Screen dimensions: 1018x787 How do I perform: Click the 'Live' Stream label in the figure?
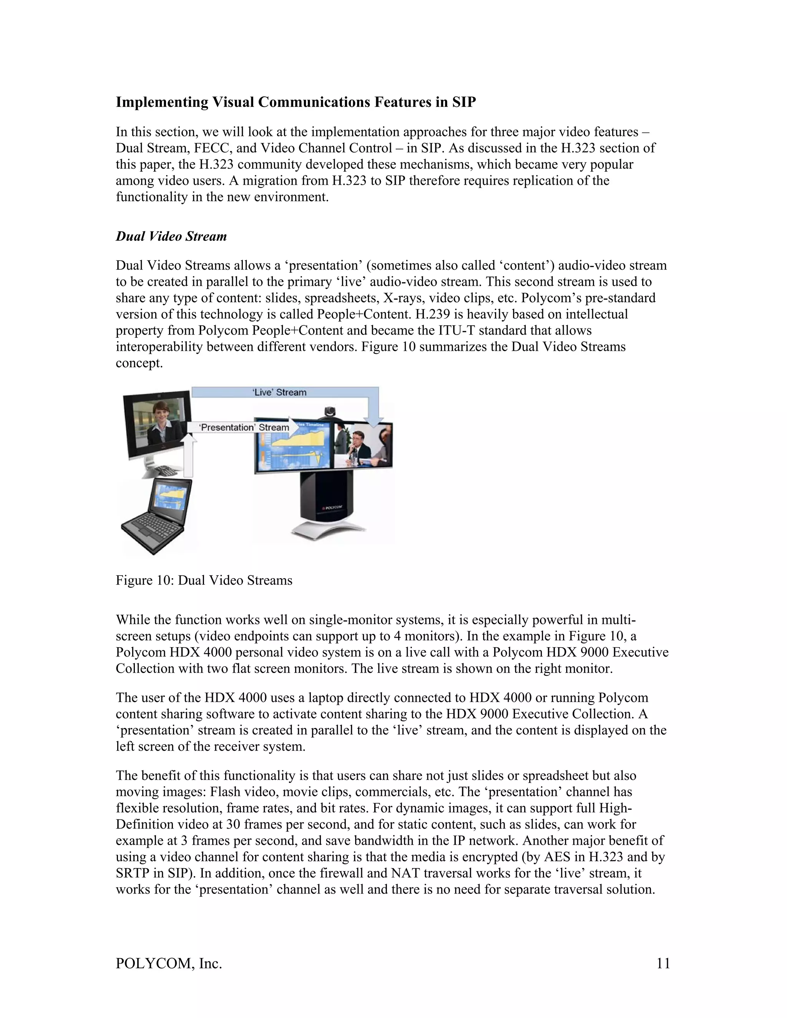click(279, 393)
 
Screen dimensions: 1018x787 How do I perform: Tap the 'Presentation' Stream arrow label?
click(244, 428)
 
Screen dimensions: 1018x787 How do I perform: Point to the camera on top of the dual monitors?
click(330, 411)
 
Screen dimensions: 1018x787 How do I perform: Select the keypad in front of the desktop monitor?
click(164, 470)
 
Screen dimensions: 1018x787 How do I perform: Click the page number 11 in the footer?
click(663, 963)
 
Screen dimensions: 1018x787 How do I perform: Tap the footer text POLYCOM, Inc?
click(169, 963)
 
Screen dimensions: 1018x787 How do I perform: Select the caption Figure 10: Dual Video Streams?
click(204, 580)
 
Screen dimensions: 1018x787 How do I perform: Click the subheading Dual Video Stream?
click(171, 236)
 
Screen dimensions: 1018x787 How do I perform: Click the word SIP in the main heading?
click(463, 102)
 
